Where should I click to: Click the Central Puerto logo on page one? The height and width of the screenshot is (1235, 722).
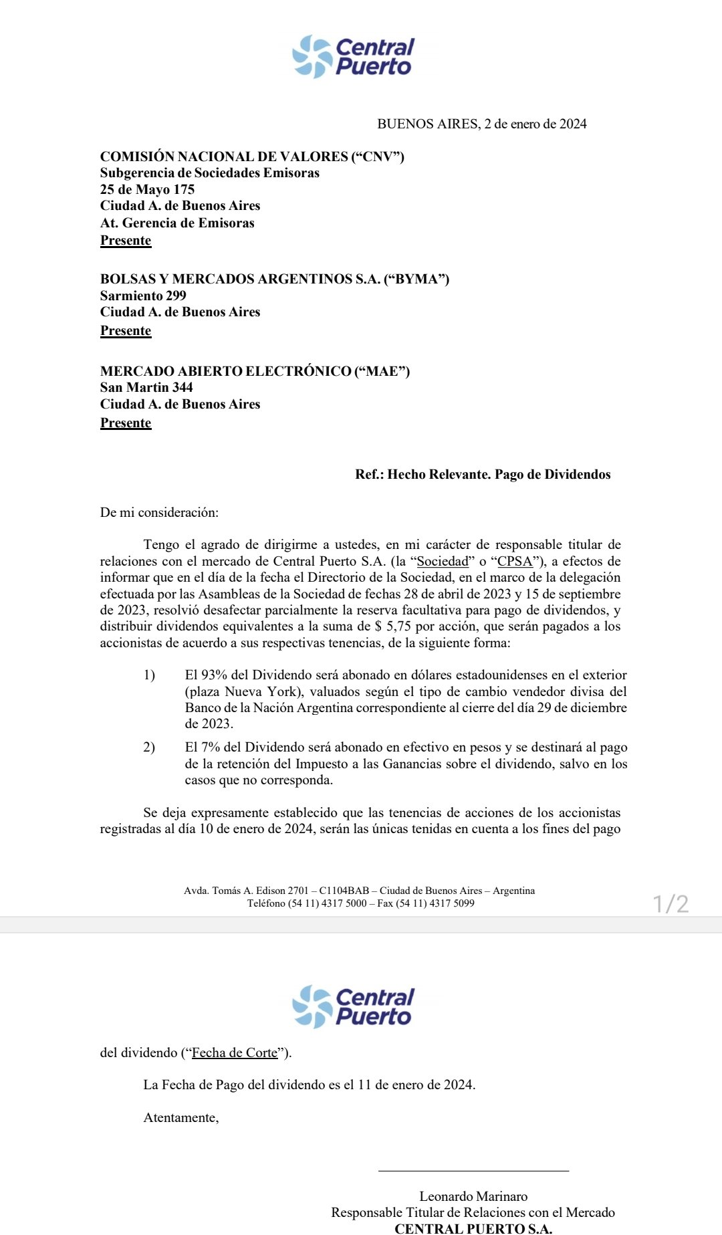353,57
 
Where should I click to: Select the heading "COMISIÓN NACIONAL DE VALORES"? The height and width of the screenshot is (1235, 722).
225,156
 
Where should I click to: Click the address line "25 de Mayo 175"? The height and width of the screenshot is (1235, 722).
147,189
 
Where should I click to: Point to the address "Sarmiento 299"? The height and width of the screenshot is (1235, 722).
143,296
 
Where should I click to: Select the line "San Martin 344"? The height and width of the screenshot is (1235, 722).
146,387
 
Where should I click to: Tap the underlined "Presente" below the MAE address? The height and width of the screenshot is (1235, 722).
126,423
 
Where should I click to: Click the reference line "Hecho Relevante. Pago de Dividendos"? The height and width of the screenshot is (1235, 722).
499,474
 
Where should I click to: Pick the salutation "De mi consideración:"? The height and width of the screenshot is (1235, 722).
159,513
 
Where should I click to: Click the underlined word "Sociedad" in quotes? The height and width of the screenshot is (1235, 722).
443,561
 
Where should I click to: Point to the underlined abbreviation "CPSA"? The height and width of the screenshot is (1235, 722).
515,561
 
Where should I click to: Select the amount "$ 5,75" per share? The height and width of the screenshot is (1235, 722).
392,626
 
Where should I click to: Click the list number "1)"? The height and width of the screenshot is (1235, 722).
149,675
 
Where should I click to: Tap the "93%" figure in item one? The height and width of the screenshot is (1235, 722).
214,675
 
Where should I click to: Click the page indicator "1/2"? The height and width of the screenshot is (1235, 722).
671,904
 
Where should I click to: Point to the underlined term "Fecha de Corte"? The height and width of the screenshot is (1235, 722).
235,1052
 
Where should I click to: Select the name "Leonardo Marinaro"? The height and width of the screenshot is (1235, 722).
473,1196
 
